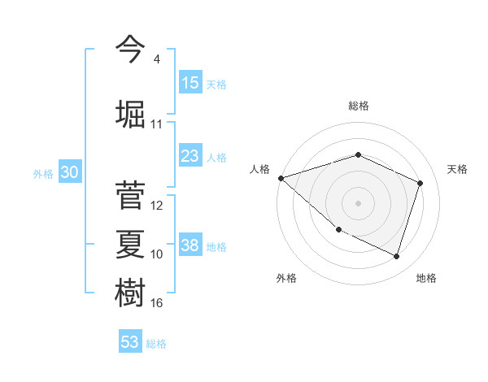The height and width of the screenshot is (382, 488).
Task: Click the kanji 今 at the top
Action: click(x=130, y=50)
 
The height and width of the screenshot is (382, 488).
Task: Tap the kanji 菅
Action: click(x=130, y=195)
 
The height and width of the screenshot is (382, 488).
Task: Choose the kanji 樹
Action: click(x=130, y=293)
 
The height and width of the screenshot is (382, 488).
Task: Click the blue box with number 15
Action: click(x=190, y=83)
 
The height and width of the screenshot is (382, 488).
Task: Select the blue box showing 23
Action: click(x=190, y=156)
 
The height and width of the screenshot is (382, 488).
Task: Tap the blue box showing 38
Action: click(x=190, y=245)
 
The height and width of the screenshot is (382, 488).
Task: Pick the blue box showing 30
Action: click(x=69, y=172)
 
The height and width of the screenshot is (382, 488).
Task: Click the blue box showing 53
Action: click(x=130, y=342)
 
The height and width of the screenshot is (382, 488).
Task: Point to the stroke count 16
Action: click(x=157, y=303)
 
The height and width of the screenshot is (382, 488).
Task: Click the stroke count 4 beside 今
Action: click(x=156, y=59)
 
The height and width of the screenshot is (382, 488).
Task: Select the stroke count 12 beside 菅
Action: click(x=157, y=206)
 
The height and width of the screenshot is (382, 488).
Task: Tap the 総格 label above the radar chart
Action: click(x=358, y=106)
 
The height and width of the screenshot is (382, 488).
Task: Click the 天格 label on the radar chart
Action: click(x=457, y=169)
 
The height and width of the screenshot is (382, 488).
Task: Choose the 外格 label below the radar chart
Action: click(x=286, y=278)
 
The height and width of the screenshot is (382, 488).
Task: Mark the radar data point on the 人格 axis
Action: click(x=281, y=177)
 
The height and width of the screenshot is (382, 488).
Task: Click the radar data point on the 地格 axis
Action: click(x=397, y=256)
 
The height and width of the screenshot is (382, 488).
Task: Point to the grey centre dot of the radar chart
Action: click(x=358, y=202)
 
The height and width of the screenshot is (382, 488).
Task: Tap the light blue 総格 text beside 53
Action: click(x=156, y=344)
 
